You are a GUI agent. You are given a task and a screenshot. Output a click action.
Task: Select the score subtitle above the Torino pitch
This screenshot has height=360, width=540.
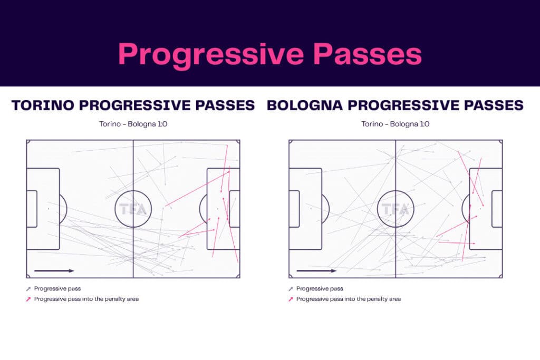[133, 124]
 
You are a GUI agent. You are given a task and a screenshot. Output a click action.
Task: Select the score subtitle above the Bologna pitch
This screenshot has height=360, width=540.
[396, 124]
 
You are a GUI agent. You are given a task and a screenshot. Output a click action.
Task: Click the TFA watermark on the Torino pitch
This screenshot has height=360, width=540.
[133, 209]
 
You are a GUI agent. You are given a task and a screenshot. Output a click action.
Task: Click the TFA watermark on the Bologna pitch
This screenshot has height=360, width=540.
[396, 209]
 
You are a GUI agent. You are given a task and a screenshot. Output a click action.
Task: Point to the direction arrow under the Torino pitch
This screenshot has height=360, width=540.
[54, 271]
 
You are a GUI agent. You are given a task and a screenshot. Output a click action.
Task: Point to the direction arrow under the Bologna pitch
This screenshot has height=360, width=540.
[316, 271]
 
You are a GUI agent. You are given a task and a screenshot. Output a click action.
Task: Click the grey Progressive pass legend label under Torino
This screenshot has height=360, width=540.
[57, 289]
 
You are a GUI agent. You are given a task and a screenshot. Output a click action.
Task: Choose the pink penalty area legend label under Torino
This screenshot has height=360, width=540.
[86, 299]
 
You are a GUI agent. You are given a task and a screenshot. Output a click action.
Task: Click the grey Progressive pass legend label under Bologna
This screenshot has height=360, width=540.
[320, 289]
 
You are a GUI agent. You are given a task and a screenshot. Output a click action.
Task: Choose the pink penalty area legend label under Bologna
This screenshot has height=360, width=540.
[348, 299]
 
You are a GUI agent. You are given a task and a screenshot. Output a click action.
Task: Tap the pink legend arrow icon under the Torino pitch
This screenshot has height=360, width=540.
[28, 299]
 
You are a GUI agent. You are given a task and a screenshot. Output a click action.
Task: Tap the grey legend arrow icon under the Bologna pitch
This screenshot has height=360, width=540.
[291, 289]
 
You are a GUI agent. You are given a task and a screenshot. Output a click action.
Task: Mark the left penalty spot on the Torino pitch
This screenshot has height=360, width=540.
[48, 209]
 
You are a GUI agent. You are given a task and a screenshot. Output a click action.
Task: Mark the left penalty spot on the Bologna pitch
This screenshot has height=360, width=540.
[311, 209]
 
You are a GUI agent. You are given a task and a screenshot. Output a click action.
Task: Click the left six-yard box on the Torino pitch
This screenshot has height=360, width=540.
[32, 209]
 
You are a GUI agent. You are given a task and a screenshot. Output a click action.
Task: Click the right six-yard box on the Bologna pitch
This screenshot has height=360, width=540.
[497, 209]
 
